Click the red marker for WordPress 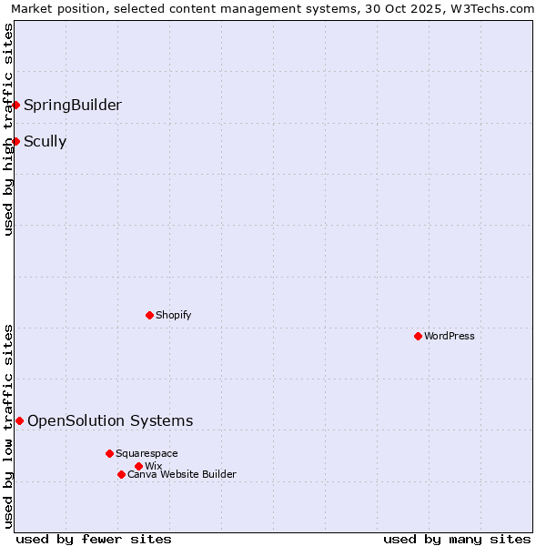418,336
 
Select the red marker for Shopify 149,315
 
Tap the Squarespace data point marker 109,453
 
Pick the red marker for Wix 138,466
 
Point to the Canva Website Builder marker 121,474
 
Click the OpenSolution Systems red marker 19,420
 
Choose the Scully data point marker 15,141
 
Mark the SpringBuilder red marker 15,105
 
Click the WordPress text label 450,336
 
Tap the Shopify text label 174,315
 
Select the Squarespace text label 147,453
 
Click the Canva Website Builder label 182,474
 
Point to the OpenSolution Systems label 110,420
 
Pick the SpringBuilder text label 73,105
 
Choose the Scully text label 45,141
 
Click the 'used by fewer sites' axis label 94,539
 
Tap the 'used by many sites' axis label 457,539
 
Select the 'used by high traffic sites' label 8,129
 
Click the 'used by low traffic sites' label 8,426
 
